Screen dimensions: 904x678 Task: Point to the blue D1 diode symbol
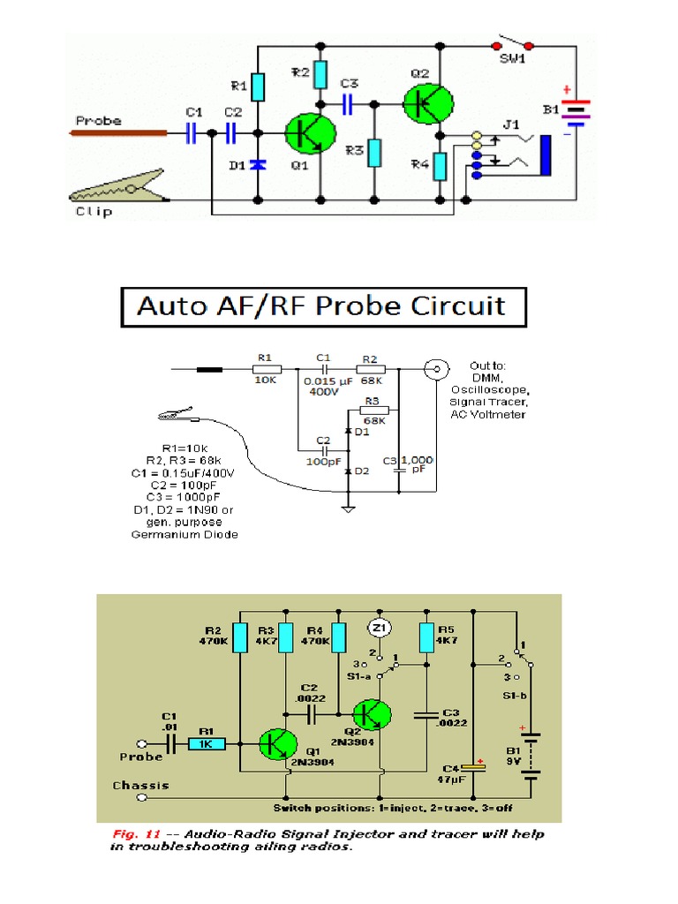(257, 165)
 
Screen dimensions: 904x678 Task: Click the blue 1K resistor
(207, 744)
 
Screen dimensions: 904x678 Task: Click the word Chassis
(140, 785)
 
